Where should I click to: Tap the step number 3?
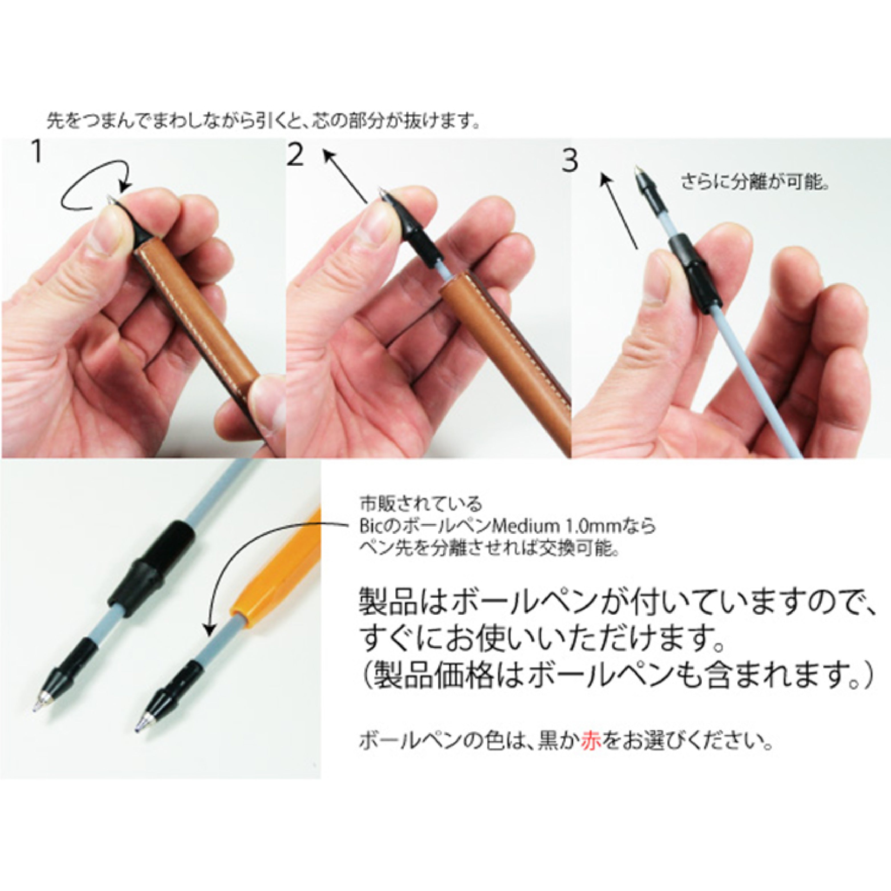[570, 161]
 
